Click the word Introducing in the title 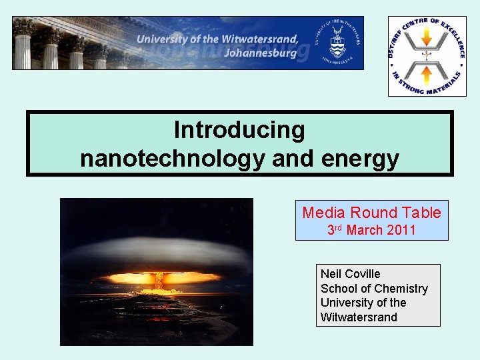pyautogui.click(x=239, y=130)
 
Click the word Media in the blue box pyautogui.click(x=324, y=213)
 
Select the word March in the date pyautogui.click(x=365, y=231)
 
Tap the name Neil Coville pyautogui.click(x=350, y=274)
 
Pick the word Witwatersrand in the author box pyautogui.click(x=358, y=317)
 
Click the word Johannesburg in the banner pyautogui.click(x=261, y=53)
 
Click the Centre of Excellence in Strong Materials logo pyautogui.click(x=427, y=55)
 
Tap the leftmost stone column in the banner pyautogui.click(x=23, y=45)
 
